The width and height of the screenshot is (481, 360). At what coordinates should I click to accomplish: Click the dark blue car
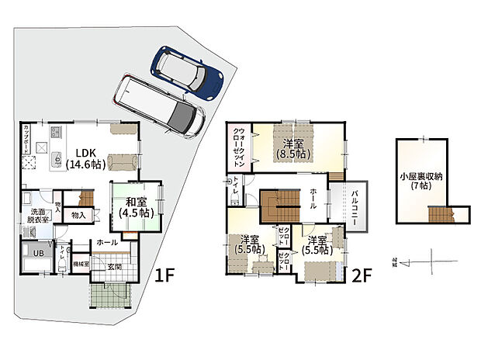tap(188, 71)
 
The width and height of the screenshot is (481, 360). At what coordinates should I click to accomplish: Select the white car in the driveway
tap(159, 106)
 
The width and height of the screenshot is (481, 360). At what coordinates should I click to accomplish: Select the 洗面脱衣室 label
tap(38, 215)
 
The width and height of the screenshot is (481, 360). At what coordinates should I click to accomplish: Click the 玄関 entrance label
tap(114, 267)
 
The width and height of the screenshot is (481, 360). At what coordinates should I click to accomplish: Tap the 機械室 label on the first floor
tap(81, 265)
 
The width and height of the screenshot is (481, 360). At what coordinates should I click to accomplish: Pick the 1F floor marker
tap(163, 275)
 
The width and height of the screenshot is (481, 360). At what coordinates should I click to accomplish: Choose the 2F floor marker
tap(362, 275)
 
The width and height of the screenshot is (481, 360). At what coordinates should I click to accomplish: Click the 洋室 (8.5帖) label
tap(292, 148)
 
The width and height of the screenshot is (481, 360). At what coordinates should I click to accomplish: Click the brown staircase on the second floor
tap(277, 208)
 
